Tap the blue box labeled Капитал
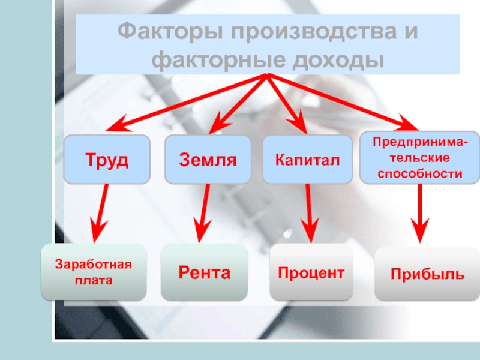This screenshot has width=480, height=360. tap(307, 160)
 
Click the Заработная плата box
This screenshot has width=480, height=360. tap(93, 272)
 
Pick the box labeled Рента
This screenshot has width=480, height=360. tap(204, 272)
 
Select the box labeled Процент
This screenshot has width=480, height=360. tap(311, 272)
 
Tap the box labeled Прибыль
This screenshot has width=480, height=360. tap(427, 274)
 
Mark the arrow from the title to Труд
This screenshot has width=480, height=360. tap(186, 102)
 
